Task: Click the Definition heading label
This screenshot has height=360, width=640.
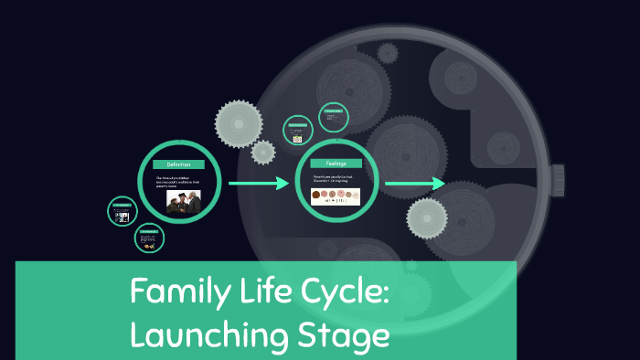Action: pos(179,164)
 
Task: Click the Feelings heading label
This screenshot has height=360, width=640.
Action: pos(336,163)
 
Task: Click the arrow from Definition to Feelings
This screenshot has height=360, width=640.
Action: pos(259,185)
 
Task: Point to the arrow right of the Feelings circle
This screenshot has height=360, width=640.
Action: pos(414,185)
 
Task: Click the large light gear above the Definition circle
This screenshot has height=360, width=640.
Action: pos(240,122)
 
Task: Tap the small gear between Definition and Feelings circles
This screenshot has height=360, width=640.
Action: pos(263,152)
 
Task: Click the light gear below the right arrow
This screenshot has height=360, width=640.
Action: pos(425,217)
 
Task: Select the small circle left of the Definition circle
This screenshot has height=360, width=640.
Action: pos(122,212)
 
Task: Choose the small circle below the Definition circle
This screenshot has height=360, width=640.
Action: pos(149,239)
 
